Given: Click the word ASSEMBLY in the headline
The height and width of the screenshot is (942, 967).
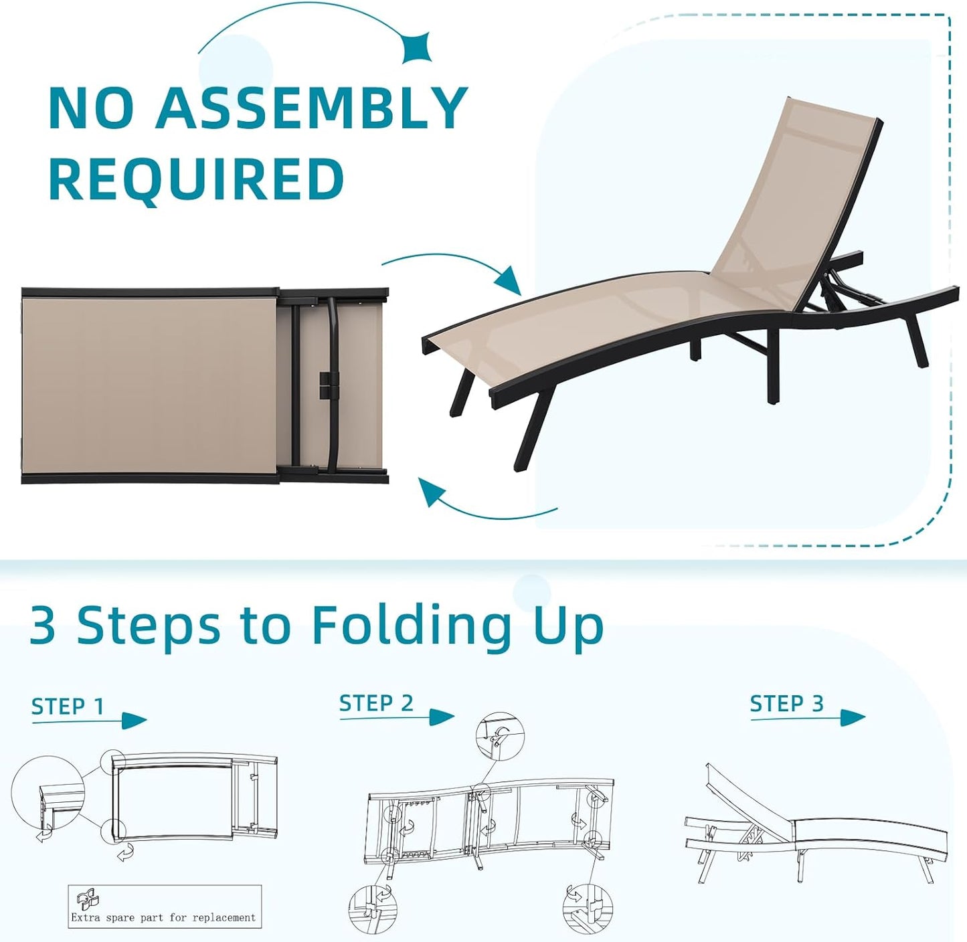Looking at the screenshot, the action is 312,108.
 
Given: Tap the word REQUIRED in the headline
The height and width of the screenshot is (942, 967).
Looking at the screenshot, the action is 197,179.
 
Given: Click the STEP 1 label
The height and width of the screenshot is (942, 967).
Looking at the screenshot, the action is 68,706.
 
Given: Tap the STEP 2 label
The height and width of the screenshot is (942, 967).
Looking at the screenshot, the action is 376,703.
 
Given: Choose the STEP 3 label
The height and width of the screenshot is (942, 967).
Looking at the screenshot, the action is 786,704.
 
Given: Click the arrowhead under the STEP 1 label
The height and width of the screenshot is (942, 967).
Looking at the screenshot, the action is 134,721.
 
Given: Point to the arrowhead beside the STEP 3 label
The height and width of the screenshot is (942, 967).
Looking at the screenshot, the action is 852,717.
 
